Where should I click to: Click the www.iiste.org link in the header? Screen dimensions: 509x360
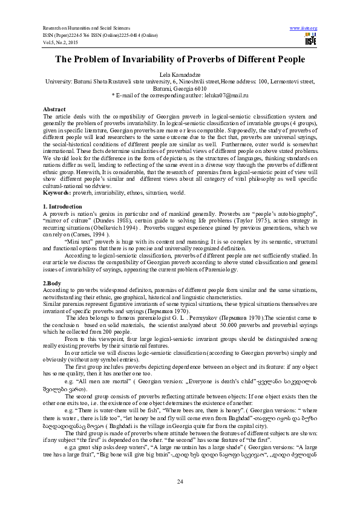304,28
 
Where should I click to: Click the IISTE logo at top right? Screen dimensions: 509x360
311,39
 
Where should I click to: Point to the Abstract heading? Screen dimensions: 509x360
54,108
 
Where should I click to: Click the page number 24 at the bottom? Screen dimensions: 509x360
180,481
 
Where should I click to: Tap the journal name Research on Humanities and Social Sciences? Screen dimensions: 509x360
87,28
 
